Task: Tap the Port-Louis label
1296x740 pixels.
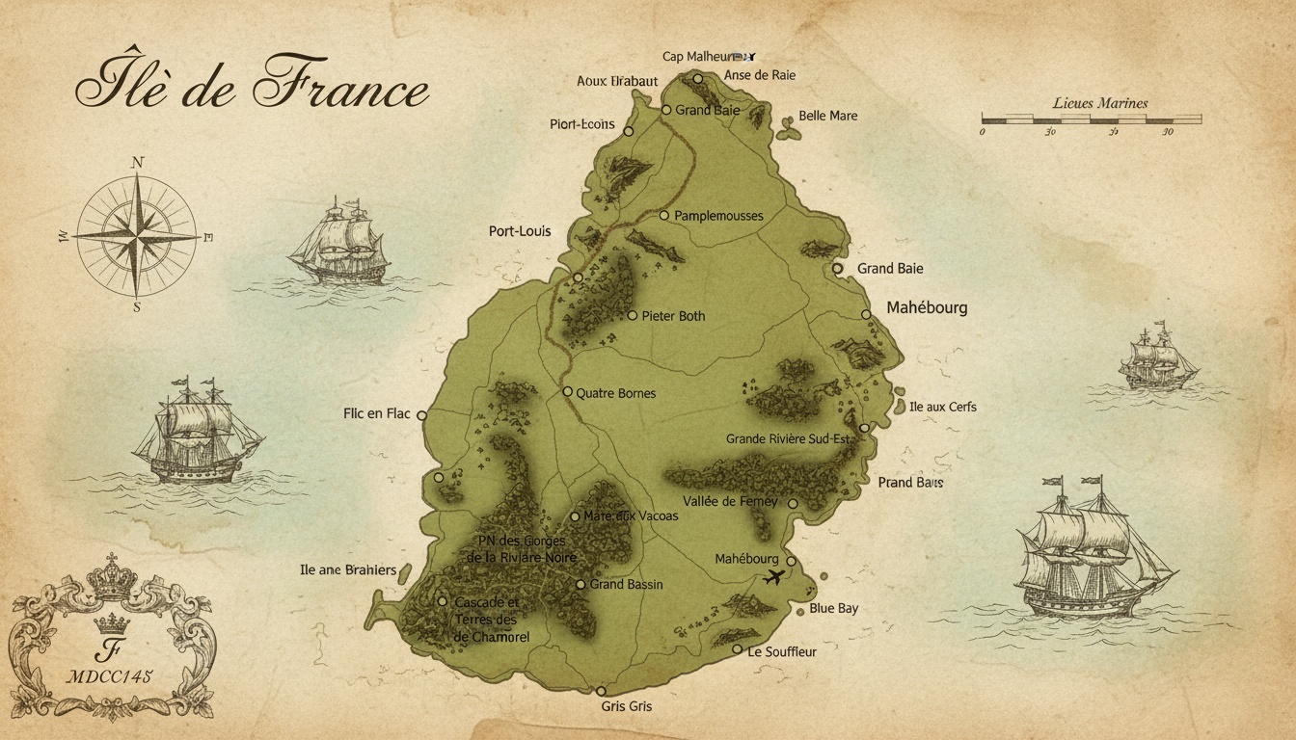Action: (520, 231)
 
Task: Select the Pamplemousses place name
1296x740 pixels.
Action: (718, 216)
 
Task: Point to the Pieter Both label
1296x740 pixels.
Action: (673, 316)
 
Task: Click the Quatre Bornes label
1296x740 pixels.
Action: (615, 393)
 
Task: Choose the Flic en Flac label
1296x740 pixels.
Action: (376, 414)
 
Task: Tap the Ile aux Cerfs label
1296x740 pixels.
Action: (943, 408)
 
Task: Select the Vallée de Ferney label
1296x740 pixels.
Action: (730, 502)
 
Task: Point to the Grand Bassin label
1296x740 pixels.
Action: (626, 585)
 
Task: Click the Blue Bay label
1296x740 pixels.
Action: (833, 609)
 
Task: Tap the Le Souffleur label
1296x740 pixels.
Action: (782, 652)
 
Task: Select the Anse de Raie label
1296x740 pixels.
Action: (759, 76)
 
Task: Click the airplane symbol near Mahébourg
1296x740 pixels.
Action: (773, 578)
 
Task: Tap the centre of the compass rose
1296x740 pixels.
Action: (136, 234)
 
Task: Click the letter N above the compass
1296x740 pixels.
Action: (136, 163)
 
